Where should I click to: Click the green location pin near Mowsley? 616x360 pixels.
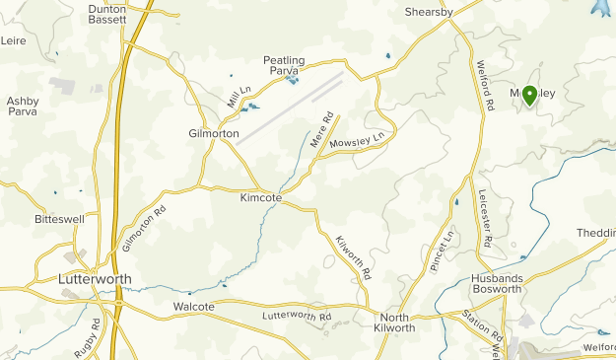(529, 95)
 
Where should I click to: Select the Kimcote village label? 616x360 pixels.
(261, 197)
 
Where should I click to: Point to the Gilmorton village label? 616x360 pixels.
(214, 133)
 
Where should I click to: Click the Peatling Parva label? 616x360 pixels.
(284, 65)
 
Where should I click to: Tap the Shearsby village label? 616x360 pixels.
(429, 12)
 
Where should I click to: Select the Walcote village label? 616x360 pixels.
(194, 307)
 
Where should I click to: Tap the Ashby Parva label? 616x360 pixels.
(23, 107)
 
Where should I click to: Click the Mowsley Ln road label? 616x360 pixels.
(357, 140)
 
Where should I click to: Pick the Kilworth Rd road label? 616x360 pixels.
(352, 258)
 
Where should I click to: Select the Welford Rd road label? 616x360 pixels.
(487, 89)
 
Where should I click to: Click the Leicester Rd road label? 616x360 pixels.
(485, 220)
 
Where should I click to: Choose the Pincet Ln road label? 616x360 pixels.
(441, 251)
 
